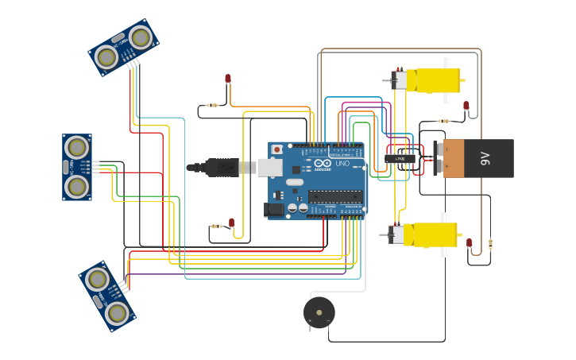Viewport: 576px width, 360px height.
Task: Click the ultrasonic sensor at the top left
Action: tap(123, 48)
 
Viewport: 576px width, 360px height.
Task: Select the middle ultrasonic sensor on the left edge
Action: tap(77, 167)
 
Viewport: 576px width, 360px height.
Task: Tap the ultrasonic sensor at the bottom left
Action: tap(108, 296)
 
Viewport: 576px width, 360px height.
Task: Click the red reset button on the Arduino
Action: tap(276, 149)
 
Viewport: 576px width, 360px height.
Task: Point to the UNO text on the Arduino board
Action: tap(342, 164)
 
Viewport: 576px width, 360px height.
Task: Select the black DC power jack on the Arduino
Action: tap(274, 210)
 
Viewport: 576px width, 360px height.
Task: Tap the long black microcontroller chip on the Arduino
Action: tap(335, 196)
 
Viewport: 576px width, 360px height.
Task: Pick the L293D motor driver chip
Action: tap(400, 159)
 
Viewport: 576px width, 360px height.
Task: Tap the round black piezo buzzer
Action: tap(319, 312)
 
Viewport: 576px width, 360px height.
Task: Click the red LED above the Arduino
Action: tap(228, 79)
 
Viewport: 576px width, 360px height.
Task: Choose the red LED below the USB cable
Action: tap(231, 223)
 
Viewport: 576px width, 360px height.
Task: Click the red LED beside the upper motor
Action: tap(466, 106)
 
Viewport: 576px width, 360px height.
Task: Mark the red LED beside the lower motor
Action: tap(469, 242)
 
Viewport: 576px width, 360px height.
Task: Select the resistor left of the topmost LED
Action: tap(211, 105)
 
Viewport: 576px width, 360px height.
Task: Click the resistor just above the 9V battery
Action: tap(443, 122)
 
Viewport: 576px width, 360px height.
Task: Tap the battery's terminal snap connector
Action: tap(436, 158)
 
